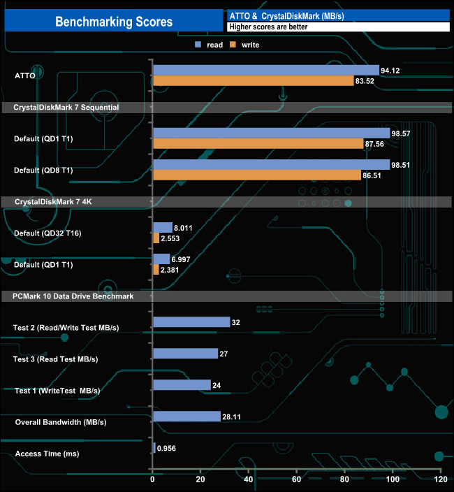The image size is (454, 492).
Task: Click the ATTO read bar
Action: coord(265,70)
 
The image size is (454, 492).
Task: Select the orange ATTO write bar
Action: coord(253,81)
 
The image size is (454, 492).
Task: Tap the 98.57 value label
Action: coord(402,133)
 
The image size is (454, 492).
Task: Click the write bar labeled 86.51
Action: coord(256,175)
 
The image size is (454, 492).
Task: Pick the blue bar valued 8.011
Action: coord(163,227)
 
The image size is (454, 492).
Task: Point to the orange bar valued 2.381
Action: coord(156,270)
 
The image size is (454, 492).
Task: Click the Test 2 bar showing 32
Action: coord(191,322)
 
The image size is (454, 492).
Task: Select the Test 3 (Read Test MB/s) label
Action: coord(56,359)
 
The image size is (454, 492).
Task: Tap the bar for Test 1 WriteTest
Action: coord(182,385)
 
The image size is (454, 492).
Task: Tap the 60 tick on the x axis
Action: coord(296,480)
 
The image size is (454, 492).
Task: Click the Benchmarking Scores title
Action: coord(113,22)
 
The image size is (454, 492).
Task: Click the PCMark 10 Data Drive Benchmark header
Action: coord(73,296)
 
